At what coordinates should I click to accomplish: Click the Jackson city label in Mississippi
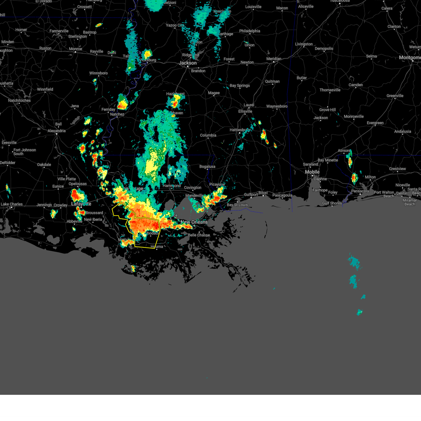click(x=188, y=63)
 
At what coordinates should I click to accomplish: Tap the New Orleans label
click(x=194, y=222)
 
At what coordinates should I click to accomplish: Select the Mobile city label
click(x=312, y=172)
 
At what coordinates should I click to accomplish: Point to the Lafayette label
click(x=81, y=204)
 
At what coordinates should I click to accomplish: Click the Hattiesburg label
click(x=240, y=130)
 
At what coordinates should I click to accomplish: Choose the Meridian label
click(x=274, y=59)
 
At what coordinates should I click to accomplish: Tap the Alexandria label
click(x=56, y=131)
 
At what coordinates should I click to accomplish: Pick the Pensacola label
click(x=360, y=191)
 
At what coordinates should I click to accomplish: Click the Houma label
click(x=157, y=247)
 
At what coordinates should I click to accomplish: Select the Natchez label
click(x=117, y=114)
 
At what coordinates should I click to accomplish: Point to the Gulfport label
click(x=251, y=195)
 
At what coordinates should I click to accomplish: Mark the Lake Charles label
click(x=12, y=204)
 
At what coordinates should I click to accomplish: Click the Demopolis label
click(x=324, y=49)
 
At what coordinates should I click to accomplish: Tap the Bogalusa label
click(x=207, y=167)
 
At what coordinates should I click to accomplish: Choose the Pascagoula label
click(x=282, y=195)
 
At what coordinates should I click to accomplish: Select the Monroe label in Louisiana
click(x=75, y=49)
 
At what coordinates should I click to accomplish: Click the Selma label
click(x=371, y=56)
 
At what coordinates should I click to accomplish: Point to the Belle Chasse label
click(x=199, y=235)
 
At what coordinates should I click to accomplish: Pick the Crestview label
click(x=397, y=169)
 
